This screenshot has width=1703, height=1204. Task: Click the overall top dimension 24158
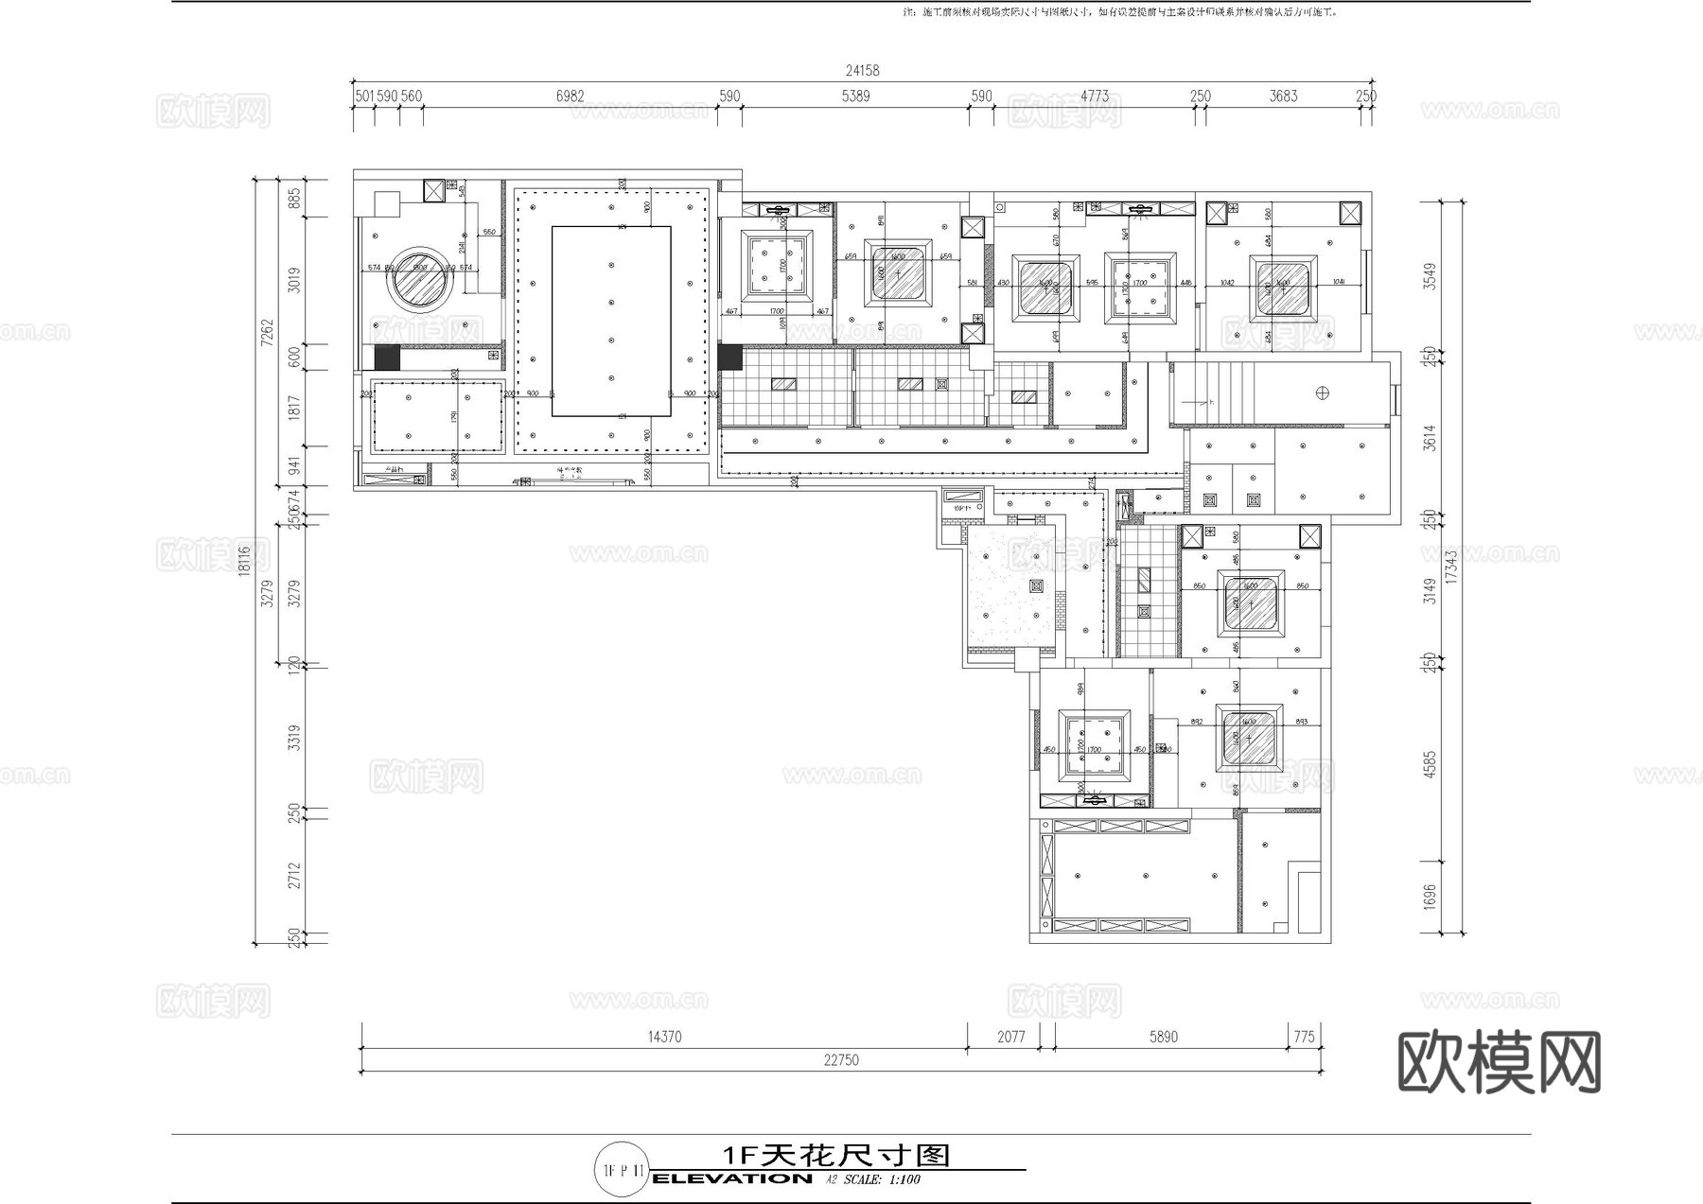pyautogui.click(x=862, y=70)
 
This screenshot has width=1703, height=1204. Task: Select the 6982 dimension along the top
pyautogui.click(x=570, y=96)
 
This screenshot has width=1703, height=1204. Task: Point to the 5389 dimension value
pyautogui.click(x=855, y=96)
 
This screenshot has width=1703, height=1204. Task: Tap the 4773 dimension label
pyautogui.click(x=1094, y=96)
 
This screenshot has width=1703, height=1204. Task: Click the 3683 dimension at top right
pyautogui.click(x=1283, y=96)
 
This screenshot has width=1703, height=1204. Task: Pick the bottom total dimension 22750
pyautogui.click(x=840, y=1060)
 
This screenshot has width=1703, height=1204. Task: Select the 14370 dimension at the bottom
pyautogui.click(x=664, y=1037)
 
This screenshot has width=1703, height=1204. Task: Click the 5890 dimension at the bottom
pyautogui.click(x=1163, y=1037)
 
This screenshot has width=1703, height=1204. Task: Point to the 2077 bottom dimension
pyautogui.click(x=1010, y=1037)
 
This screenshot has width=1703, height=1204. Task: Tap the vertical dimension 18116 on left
pyautogui.click(x=245, y=560)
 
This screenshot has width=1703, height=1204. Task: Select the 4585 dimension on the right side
pyautogui.click(x=1430, y=764)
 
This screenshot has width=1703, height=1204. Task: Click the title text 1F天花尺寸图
pyautogui.click(x=835, y=1155)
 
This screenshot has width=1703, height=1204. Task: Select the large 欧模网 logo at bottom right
pyautogui.click(x=1499, y=1063)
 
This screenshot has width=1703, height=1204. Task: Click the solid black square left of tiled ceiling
pyautogui.click(x=729, y=358)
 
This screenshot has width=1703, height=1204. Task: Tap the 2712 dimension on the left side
pyautogui.click(x=294, y=875)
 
